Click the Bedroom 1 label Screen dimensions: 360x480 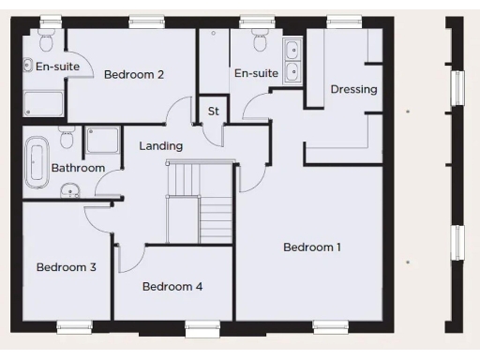tap(312, 247)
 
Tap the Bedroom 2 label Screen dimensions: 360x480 tap(134, 74)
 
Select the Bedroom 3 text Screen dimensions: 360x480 tap(67, 267)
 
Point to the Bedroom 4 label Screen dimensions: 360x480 tap(172, 287)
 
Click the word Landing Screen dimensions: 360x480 tap(160, 146)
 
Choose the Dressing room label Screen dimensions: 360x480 tap(353, 90)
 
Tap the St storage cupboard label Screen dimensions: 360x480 tap(213, 112)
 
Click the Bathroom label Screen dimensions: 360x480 tap(78, 168)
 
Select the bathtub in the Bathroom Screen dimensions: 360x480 tap(37, 159)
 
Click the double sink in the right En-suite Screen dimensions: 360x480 tap(293, 59)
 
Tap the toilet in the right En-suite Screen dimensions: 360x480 tap(261, 41)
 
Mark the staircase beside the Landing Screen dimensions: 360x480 tap(198, 202)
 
